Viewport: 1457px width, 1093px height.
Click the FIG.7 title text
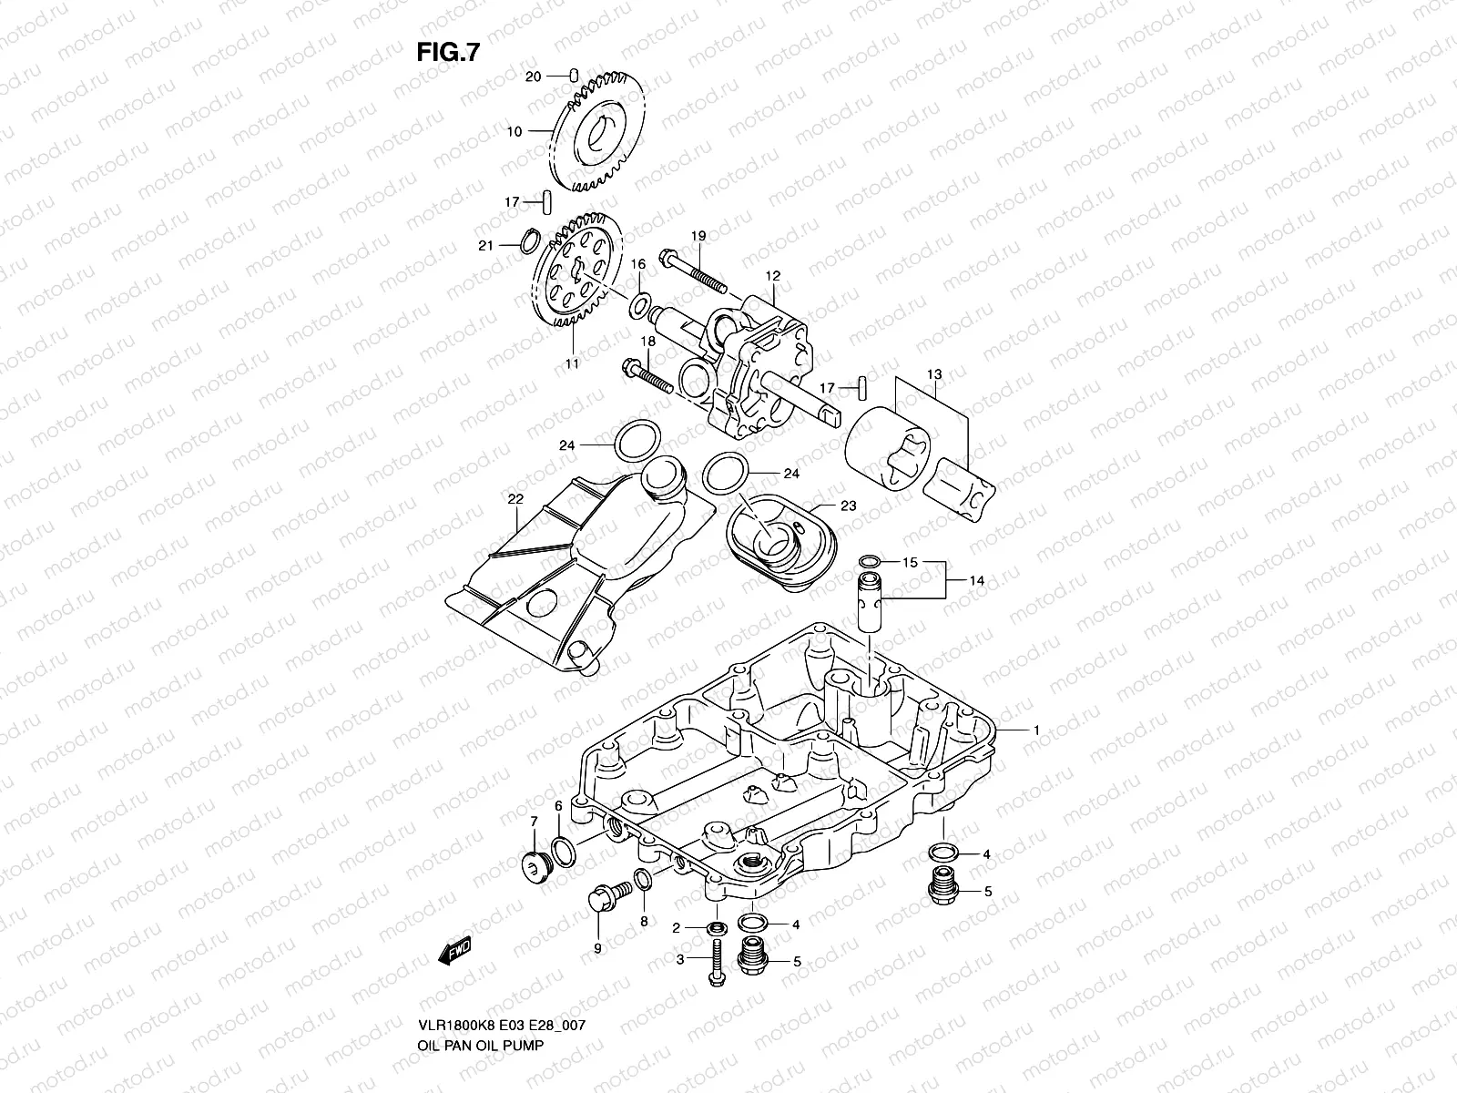(448, 52)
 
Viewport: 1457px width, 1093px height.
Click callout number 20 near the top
(534, 77)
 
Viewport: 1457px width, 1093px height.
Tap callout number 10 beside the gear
(515, 131)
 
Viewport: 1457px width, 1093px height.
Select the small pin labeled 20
(575, 76)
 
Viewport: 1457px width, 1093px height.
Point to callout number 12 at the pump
(773, 274)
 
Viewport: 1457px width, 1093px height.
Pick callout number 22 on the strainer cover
(515, 499)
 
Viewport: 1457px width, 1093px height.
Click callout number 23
(849, 506)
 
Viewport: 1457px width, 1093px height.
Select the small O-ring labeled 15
(870, 562)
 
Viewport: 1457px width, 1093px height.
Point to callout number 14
(976, 579)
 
